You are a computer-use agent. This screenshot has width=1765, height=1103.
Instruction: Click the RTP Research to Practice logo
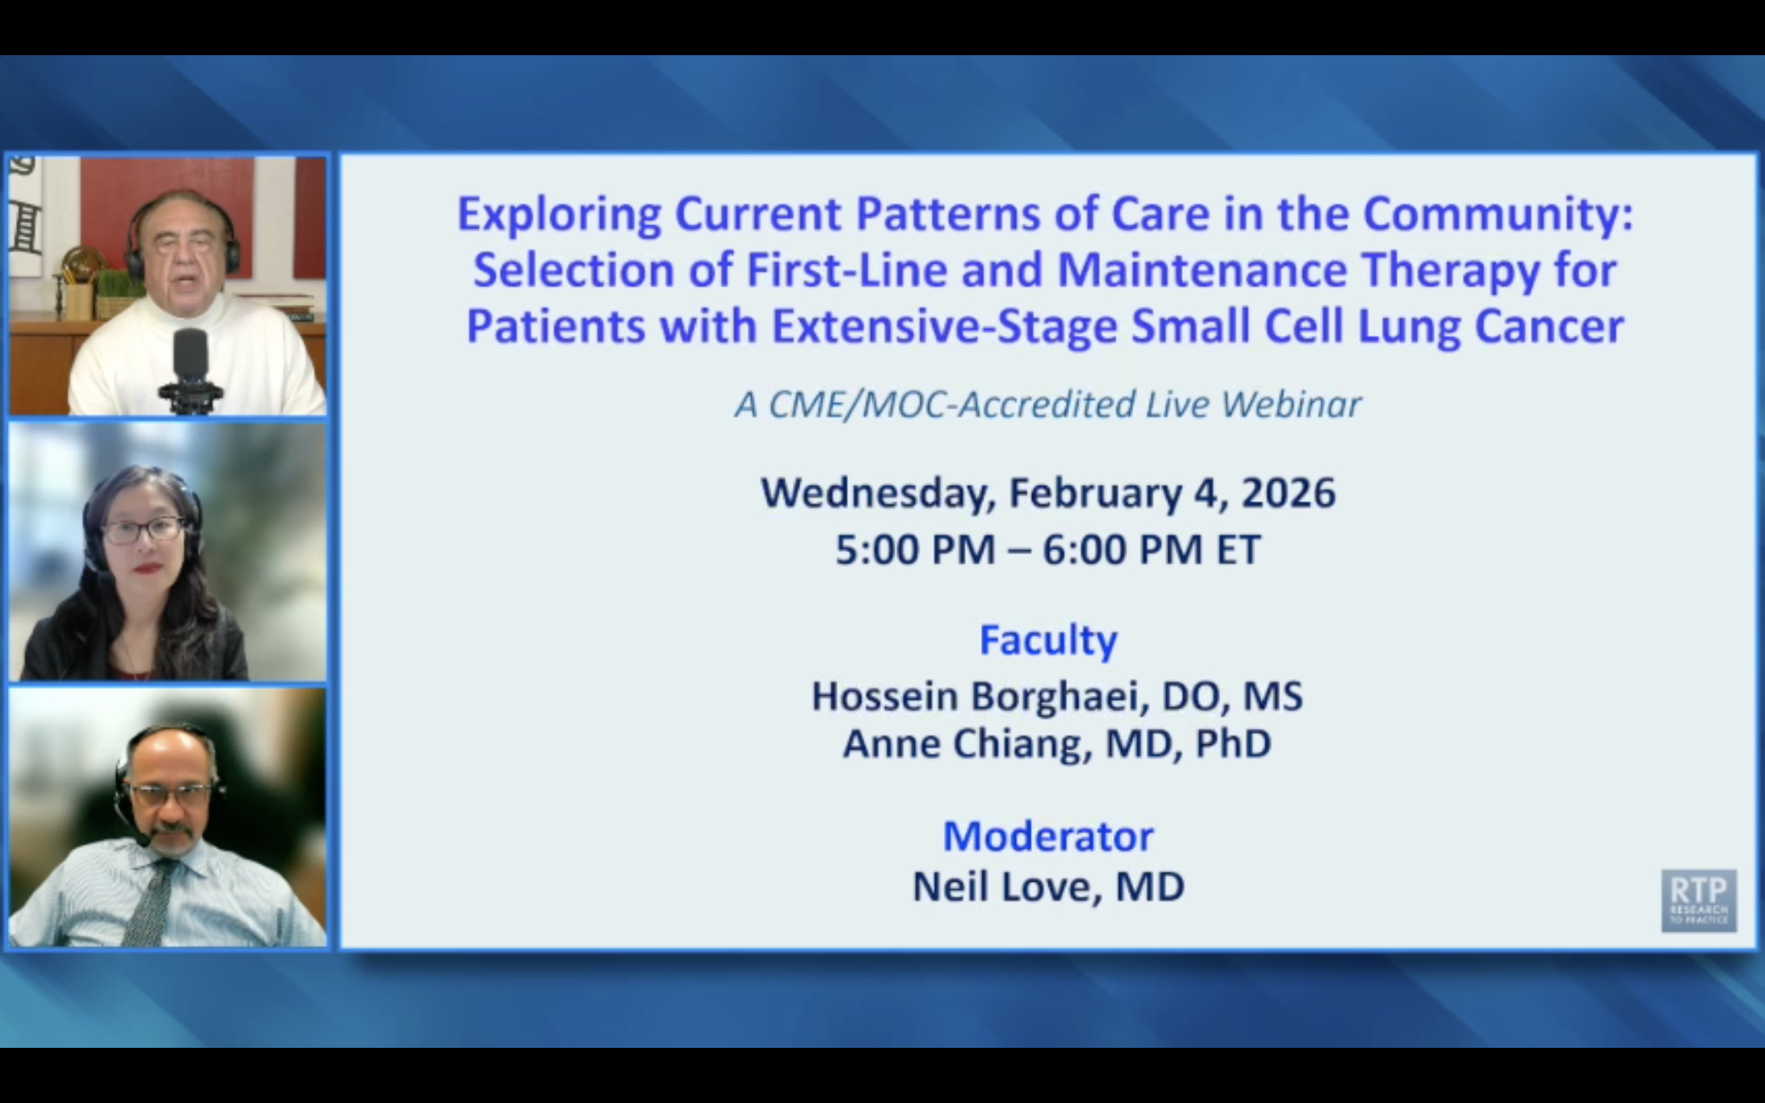click(1698, 900)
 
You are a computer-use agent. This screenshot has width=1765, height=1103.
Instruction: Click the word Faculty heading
click(1047, 640)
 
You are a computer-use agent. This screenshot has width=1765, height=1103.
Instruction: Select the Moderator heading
click(1047, 836)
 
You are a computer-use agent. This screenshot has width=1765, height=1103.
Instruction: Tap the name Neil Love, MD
click(1047, 887)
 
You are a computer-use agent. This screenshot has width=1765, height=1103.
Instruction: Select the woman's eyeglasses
click(143, 530)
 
